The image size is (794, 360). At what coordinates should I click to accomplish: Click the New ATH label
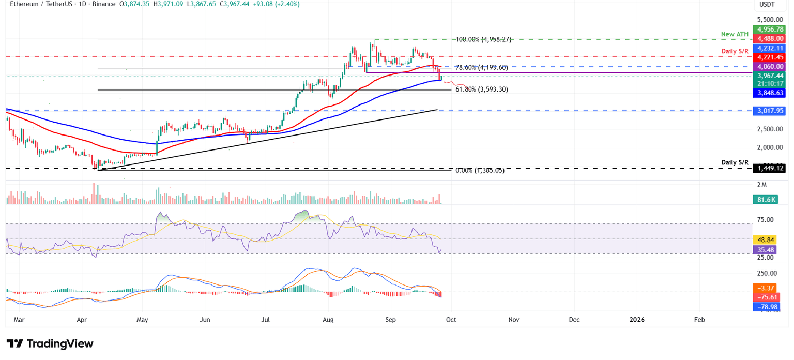(x=735, y=34)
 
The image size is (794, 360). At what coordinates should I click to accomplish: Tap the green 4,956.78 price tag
(x=769, y=29)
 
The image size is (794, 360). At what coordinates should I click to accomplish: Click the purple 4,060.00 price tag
(x=769, y=66)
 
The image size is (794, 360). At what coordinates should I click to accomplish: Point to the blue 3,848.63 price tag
(x=769, y=93)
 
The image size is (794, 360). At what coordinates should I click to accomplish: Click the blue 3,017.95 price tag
(x=769, y=111)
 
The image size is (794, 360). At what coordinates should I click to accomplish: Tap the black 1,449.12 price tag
(x=769, y=168)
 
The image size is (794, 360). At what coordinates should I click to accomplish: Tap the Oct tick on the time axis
(x=452, y=320)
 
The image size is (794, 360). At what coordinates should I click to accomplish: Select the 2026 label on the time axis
(x=636, y=320)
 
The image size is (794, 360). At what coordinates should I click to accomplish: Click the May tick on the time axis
(x=143, y=320)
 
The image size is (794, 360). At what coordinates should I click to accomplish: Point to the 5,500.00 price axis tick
(x=770, y=19)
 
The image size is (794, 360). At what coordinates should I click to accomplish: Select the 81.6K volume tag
(x=769, y=199)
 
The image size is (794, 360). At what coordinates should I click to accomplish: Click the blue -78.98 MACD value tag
(x=769, y=307)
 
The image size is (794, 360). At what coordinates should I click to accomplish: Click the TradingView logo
(x=50, y=343)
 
